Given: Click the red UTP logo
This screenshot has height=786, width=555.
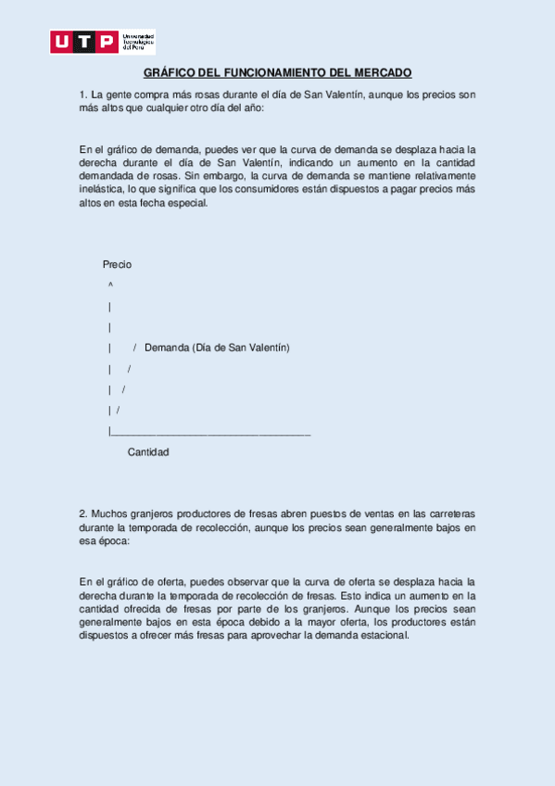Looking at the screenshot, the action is [x=83, y=42].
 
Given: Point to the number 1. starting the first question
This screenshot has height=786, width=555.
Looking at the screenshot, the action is [x=83, y=95].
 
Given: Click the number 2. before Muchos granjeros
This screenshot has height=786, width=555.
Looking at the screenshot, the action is [x=83, y=513].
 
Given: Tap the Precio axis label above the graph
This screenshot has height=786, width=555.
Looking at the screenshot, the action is [x=117, y=264].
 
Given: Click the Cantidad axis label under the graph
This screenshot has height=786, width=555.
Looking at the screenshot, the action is [x=148, y=452].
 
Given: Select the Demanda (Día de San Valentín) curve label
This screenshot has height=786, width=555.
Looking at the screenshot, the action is [x=217, y=348].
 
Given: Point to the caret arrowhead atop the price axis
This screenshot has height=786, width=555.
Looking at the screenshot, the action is [x=110, y=285].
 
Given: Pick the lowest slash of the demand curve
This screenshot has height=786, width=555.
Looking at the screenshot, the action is [x=118, y=410].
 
